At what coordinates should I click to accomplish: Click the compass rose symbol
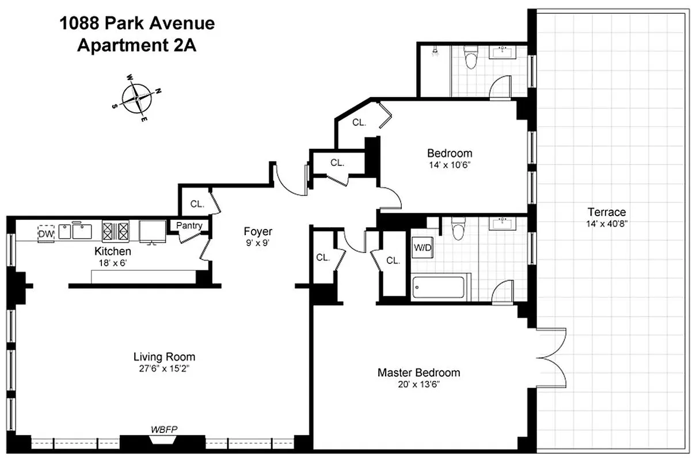click(x=137, y=97)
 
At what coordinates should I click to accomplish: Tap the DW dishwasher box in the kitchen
click(x=45, y=233)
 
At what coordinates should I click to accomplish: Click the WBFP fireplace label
click(x=162, y=430)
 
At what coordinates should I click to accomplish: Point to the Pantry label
click(x=189, y=225)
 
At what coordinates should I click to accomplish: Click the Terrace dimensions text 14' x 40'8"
click(x=607, y=224)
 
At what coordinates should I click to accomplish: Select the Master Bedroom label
click(x=419, y=373)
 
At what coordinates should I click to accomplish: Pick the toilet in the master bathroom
click(x=459, y=228)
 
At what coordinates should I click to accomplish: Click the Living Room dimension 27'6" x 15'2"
click(x=164, y=369)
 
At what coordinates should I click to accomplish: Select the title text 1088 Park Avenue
click(x=137, y=24)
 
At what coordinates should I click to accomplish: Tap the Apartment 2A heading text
click(x=137, y=45)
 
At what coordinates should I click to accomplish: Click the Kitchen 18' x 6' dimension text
click(x=113, y=263)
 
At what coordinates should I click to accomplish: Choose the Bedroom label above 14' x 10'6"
click(x=450, y=153)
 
